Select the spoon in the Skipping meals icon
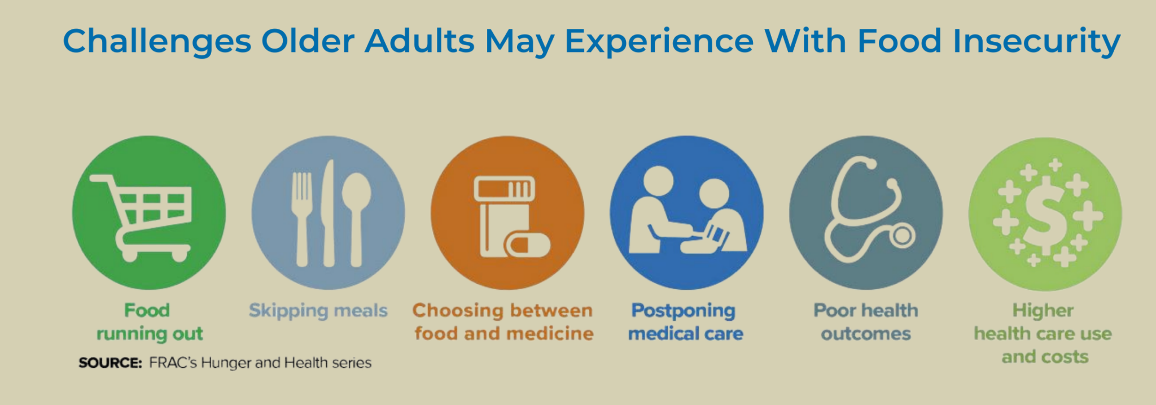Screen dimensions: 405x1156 coord(356,215)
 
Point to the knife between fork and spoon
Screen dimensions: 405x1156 coord(329,215)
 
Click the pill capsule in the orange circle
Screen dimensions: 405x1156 coord(527,246)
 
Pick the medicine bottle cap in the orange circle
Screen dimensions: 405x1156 coord(504,189)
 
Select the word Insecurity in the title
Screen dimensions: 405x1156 coord(1036,41)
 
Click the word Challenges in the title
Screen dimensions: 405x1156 coord(157,41)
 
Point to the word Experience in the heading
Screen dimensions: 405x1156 coord(659,41)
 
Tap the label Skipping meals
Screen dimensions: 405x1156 coord(318,311)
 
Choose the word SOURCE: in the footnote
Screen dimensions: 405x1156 coord(110,363)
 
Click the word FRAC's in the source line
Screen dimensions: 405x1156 coord(173,363)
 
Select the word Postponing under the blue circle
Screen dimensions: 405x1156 coord(683,311)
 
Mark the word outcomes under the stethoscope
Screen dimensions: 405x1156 coord(866,334)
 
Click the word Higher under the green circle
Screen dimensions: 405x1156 coord(1043,310)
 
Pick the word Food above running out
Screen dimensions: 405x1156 coord(147,310)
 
